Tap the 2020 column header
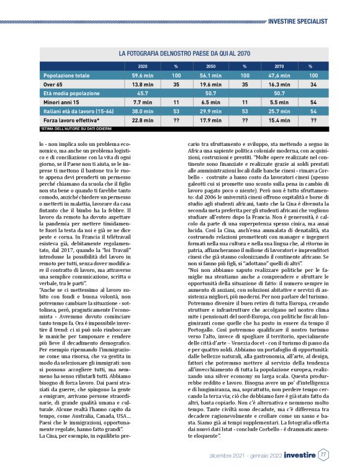tap(143, 65)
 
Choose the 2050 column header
tap(210, 65)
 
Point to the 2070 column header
tap(279, 65)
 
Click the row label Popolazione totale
tap(66, 75)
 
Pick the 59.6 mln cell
tap(143, 75)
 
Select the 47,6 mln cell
tap(279, 75)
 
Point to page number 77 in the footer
tap(323, 454)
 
